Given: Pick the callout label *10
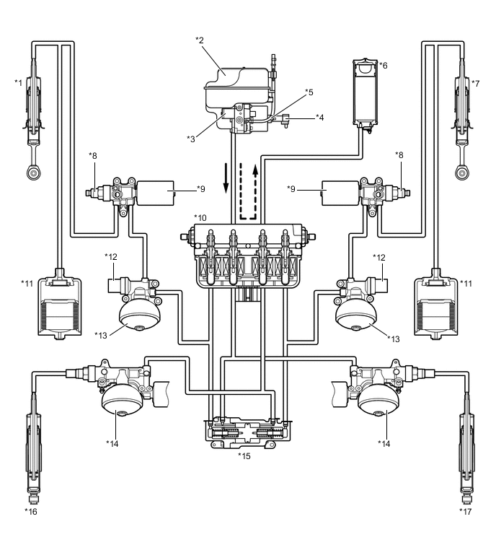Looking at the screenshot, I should pos(200,217).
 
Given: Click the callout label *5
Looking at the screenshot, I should pos(309,92).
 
